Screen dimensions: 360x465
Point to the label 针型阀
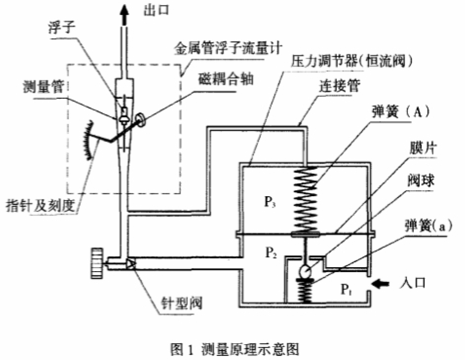pyautogui.click(x=187, y=304)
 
